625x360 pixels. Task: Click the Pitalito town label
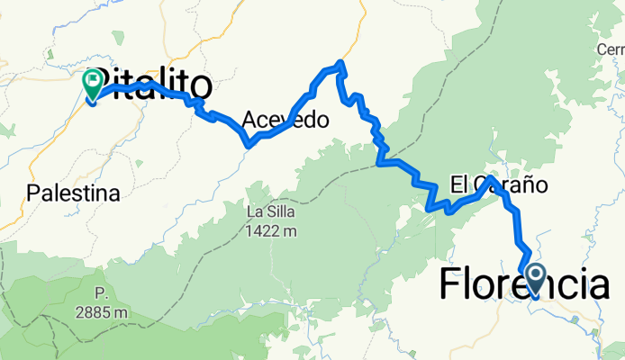click(x=153, y=85)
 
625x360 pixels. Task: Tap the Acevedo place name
click(x=285, y=121)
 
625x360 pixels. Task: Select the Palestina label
click(x=73, y=193)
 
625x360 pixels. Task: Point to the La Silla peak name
click(x=271, y=213)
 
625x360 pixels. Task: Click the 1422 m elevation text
click(x=272, y=231)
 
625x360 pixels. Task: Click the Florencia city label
click(x=523, y=285)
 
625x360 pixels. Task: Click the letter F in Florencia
click(x=450, y=285)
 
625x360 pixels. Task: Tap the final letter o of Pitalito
click(x=201, y=85)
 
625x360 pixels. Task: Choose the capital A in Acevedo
click(x=250, y=121)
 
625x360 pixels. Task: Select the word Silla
click(x=282, y=213)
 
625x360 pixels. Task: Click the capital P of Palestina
click(x=33, y=193)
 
